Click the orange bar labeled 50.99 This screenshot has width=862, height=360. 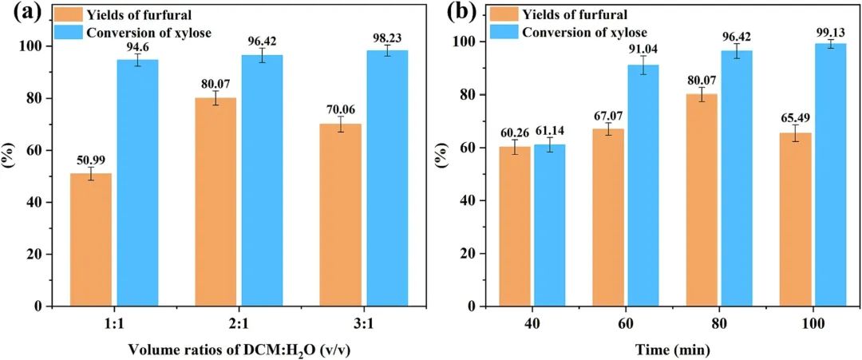[x=90, y=239]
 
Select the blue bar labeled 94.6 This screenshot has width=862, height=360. [x=137, y=183]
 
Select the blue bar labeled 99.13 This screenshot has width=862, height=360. [x=830, y=175]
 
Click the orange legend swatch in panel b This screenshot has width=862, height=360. [x=503, y=14]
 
